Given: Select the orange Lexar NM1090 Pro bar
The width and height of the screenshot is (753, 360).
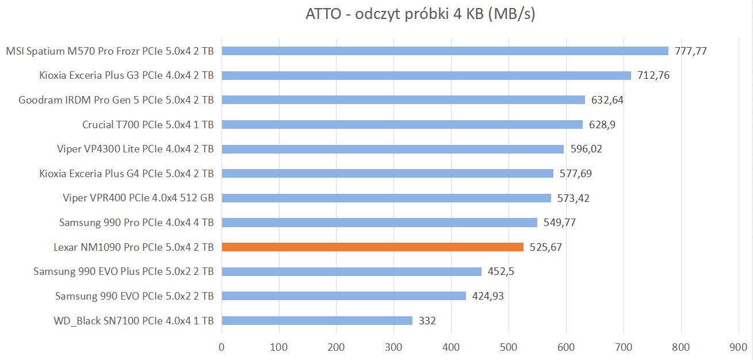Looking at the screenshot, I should (x=372, y=247).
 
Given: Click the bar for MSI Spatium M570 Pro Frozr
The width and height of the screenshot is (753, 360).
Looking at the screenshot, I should (x=445, y=51).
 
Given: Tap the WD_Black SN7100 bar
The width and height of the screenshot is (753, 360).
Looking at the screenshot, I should (x=317, y=321).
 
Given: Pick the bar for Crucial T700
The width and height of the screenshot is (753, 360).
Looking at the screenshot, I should (x=402, y=124).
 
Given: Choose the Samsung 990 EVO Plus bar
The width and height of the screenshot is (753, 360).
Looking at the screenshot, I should (x=351, y=271).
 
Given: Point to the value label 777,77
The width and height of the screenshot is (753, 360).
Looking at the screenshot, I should (x=690, y=51).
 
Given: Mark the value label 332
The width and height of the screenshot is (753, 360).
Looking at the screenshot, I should (x=427, y=321).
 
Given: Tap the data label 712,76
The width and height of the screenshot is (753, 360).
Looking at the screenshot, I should (x=653, y=75).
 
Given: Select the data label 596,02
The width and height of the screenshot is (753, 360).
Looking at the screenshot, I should (x=586, y=149).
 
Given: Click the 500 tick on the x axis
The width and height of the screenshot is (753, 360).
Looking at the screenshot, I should (x=509, y=347).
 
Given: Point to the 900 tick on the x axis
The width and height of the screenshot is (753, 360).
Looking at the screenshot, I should (x=738, y=347).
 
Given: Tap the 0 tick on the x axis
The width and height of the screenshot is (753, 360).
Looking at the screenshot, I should (x=221, y=347).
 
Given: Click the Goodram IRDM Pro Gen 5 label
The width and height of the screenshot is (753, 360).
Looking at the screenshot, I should (x=116, y=100).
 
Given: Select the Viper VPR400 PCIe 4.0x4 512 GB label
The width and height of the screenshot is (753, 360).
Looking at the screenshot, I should (x=138, y=198).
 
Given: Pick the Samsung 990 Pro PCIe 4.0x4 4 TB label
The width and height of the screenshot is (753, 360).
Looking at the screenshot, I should (x=136, y=223).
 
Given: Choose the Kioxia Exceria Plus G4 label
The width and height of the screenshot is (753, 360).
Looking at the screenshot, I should (x=127, y=174).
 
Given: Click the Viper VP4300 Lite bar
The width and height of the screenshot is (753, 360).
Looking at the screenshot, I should (x=392, y=149).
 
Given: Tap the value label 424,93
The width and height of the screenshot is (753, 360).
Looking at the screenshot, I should (x=488, y=296).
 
